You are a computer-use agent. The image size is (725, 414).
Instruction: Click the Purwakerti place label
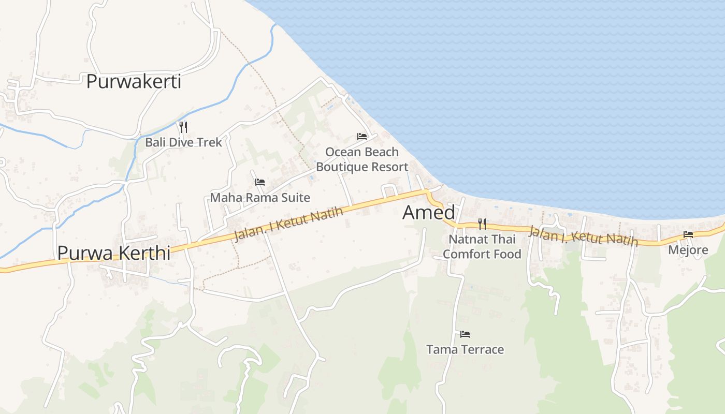tap(134, 82)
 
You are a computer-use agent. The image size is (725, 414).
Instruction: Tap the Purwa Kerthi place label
tap(114, 253)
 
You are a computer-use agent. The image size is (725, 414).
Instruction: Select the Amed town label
tap(429, 213)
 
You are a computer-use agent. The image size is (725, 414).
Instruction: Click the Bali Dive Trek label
tap(183, 142)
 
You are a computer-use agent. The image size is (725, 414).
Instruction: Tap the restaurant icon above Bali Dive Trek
tap(183, 127)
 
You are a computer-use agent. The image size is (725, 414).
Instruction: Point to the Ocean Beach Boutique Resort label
tap(362, 159)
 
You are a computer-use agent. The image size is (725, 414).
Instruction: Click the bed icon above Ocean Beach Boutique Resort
tap(362, 137)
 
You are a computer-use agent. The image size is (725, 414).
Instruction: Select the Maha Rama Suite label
tap(260, 198)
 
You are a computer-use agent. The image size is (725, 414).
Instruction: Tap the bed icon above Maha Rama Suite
tap(260, 182)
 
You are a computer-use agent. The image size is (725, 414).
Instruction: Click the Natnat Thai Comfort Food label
tap(482, 247)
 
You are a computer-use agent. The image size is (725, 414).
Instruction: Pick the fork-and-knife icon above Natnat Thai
tap(482, 224)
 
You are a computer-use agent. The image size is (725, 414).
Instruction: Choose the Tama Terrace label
tap(465, 350)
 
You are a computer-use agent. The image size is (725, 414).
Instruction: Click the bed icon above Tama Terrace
tap(465, 334)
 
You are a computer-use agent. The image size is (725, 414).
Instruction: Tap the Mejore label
tap(688, 250)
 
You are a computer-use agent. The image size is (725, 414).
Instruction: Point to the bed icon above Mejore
tap(688, 234)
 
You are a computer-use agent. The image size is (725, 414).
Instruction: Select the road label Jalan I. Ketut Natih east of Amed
tap(583, 236)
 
